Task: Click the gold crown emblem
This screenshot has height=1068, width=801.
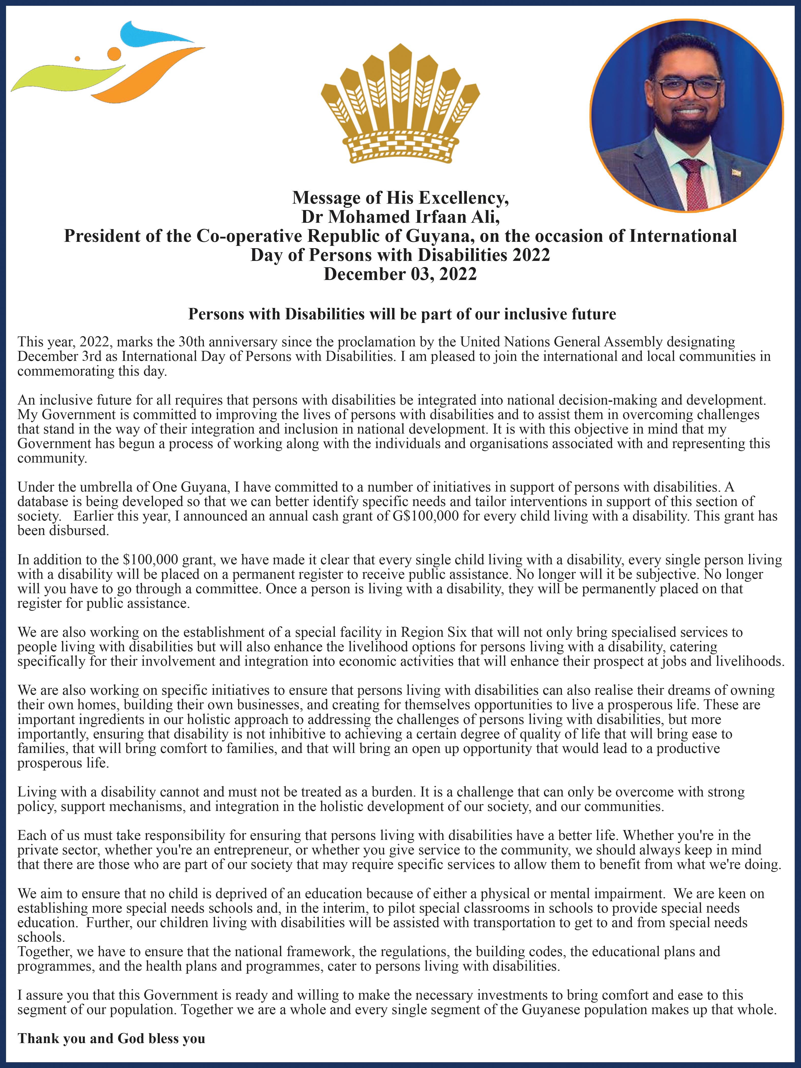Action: [x=400, y=104]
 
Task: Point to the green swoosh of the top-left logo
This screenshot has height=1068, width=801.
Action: [x=63, y=77]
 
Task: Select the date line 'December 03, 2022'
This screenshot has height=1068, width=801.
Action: [x=400, y=274]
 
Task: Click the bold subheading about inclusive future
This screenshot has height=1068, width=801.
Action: [x=402, y=314]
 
